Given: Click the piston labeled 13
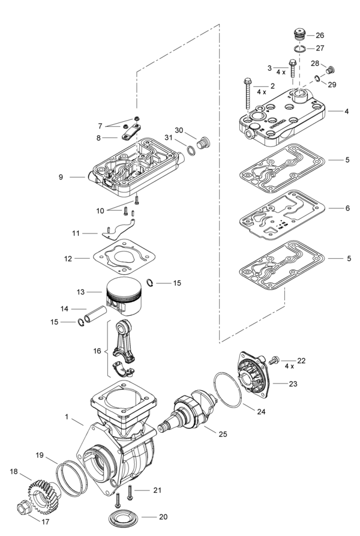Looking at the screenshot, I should coord(127,298).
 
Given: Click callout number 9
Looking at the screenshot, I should coord(61,177).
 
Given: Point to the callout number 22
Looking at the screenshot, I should coord(301,361).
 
